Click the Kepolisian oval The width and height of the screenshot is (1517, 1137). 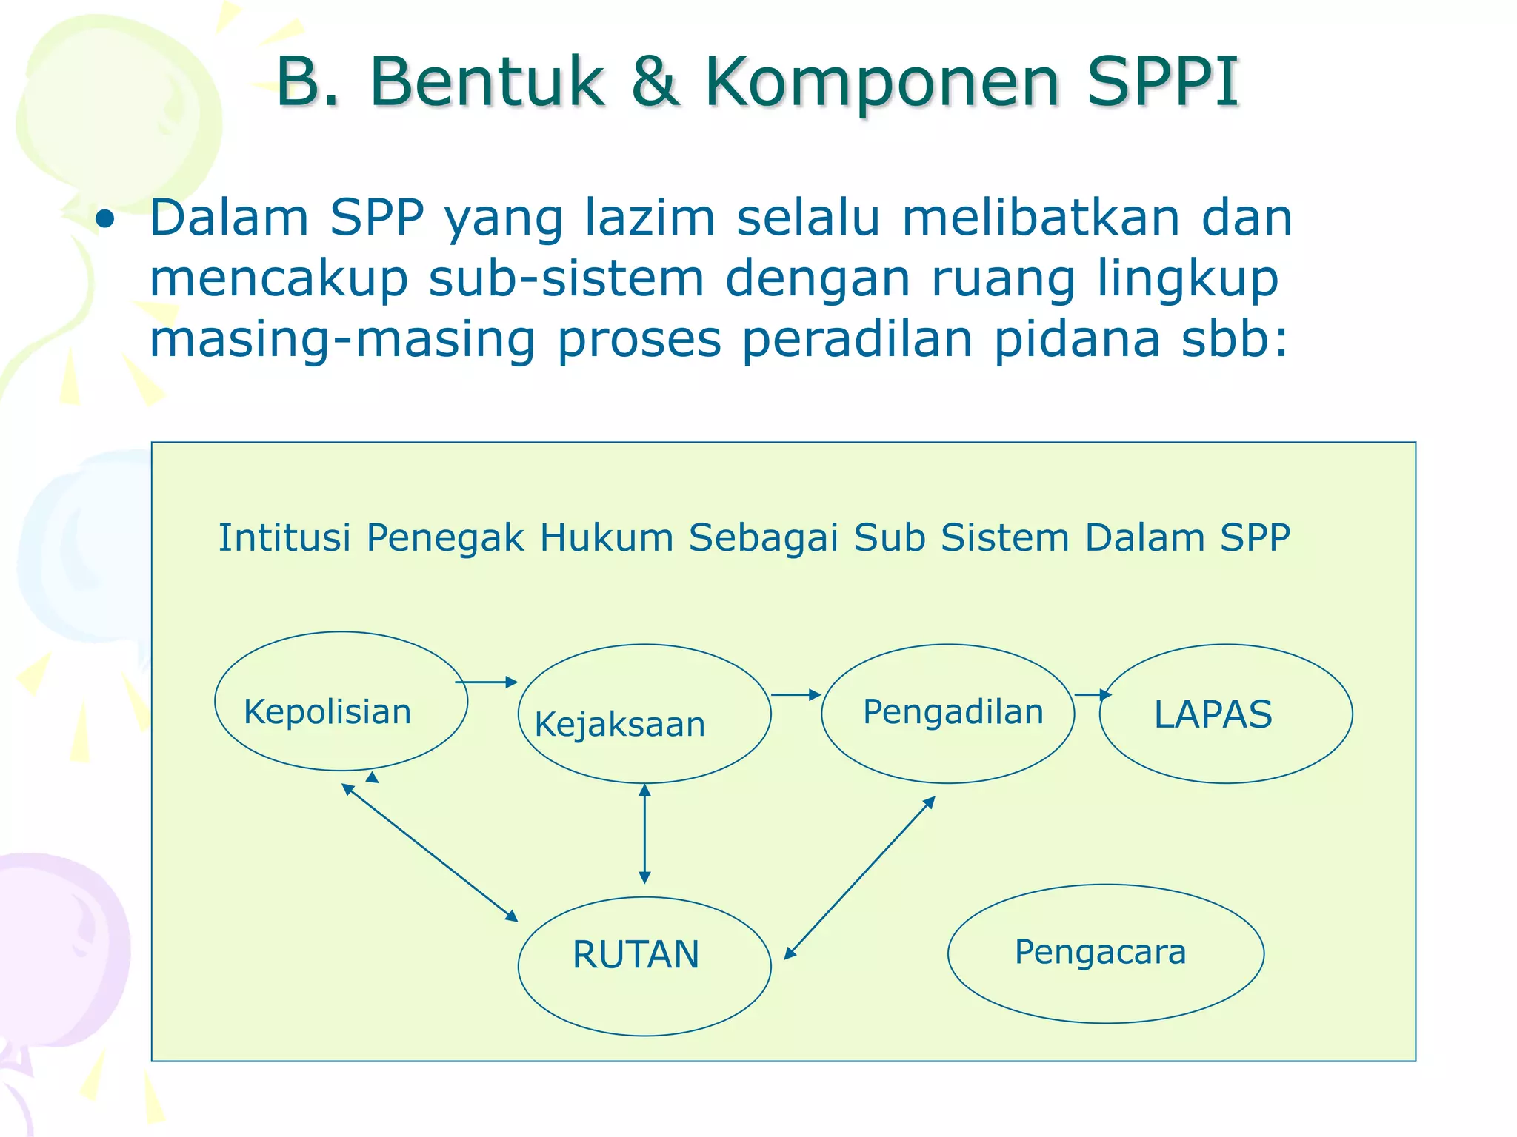(341, 701)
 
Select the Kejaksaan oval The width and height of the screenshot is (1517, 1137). (644, 714)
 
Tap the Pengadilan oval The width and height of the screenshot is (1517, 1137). (948, 714)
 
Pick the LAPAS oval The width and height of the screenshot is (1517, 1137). (1226, 714)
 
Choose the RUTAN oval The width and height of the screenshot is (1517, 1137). (644, 965)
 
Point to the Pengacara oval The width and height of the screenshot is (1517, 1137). (1105, 953)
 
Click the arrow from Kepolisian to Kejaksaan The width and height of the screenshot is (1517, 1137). (487, 682)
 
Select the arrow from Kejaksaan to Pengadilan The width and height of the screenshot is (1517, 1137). (796, 694)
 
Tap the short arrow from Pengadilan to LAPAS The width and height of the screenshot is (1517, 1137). (1093, 694)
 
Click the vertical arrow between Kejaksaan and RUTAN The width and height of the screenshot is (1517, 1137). (644, 834)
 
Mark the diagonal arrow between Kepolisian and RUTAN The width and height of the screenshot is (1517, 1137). (430, 853)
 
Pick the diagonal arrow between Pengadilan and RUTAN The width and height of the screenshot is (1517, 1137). (859, 878)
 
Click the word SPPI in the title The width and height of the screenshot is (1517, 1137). (1162, 81)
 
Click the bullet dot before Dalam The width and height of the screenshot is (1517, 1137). (105, 219)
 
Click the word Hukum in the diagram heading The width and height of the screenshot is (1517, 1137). (606, 537)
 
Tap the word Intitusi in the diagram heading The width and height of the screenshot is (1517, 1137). (284, 537)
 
